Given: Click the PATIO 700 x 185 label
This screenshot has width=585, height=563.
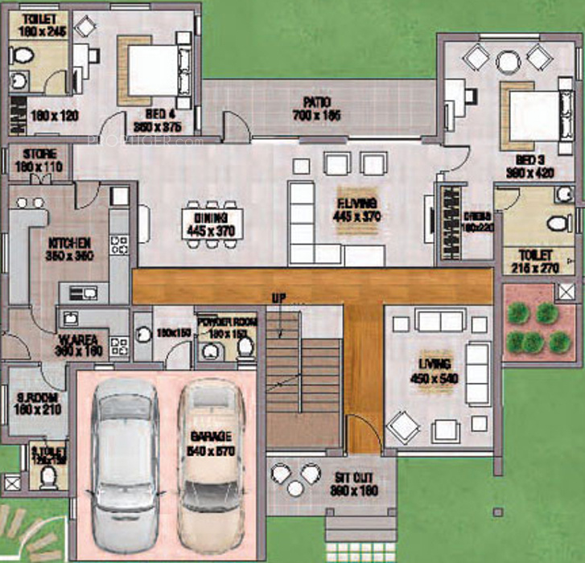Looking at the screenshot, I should (317, 109).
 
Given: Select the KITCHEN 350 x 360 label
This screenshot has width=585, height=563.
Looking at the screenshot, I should (68, 249).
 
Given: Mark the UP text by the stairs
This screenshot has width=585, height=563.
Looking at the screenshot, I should (279, 298).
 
